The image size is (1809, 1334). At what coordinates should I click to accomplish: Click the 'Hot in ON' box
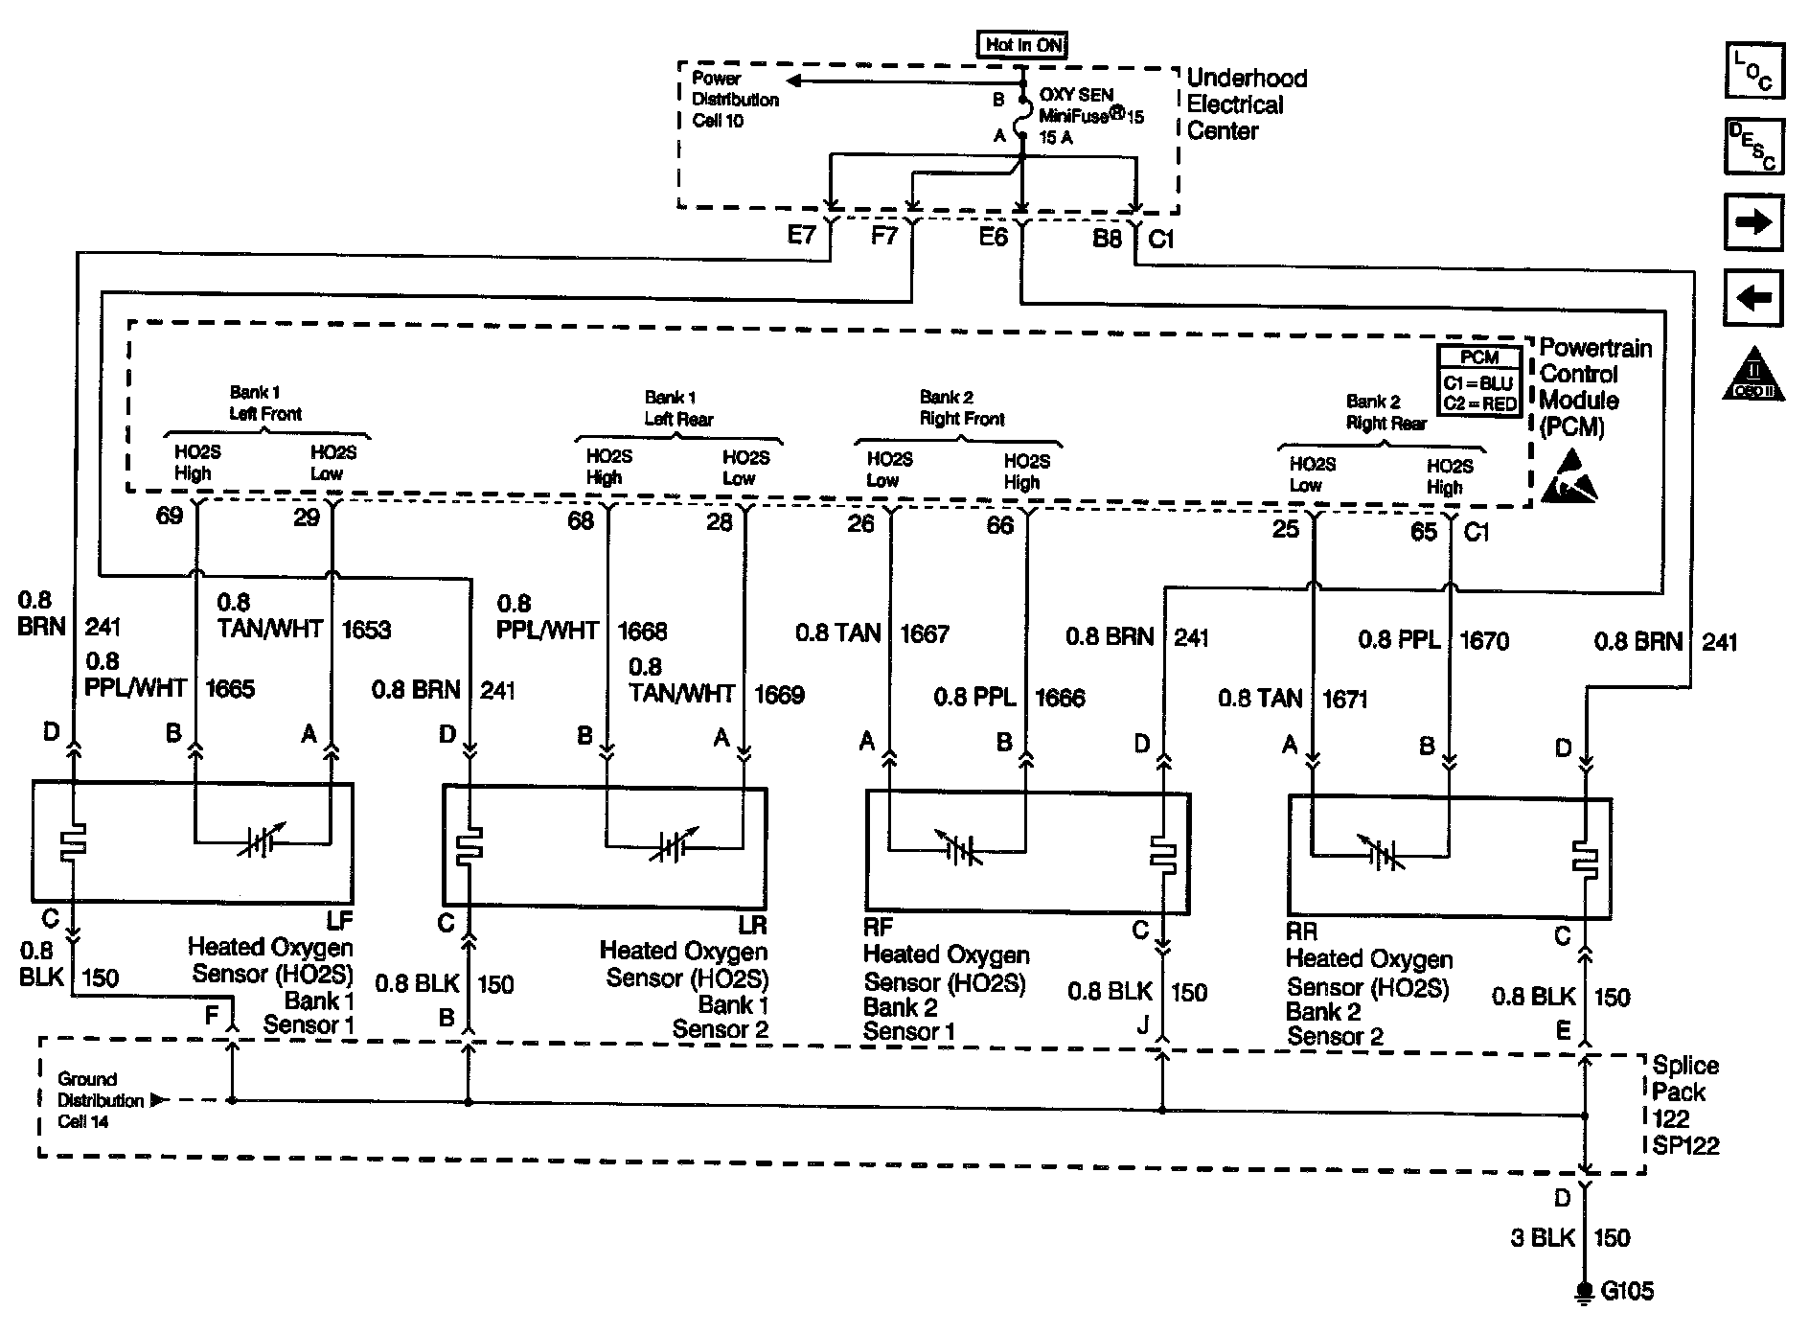pyautogui.click(x=1021, y=44)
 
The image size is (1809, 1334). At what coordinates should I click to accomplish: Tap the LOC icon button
pyautogui.click(x=1754, y=71)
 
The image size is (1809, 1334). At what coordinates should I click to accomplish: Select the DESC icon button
pyautogui.click(x=1754, y=147)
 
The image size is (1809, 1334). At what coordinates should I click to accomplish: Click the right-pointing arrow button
pyautogui.click(x=1753, y=222)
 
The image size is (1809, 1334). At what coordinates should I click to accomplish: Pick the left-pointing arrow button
pyautogui.click(x=1753, y=298)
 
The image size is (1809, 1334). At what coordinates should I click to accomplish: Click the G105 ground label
pyautogui.click(x=1627, y=1292)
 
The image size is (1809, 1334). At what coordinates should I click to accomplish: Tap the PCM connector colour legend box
pyautogui.click(x=1479, y=380)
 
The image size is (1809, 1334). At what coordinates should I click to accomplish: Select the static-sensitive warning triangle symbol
pyautogui.click(x=1570, y=476)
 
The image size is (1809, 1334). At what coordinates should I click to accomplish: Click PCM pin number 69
pyautogui.click(x=170, y=517)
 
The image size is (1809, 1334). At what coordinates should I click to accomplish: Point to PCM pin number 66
pyautogui.click(x=999, y=525)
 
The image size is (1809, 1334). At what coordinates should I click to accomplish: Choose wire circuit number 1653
pyautogui.click(x=366, y=630)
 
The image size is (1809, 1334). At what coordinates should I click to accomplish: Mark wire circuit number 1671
pyautogui.click(x=1344, y=700)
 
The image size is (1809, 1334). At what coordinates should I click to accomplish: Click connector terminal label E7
pyautogui.click(x=801, y=234)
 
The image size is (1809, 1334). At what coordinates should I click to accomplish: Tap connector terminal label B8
pyautogui.click(x=1107, y=238)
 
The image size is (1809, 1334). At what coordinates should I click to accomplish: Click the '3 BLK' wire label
pyautogui.click(x=1543, y=1237)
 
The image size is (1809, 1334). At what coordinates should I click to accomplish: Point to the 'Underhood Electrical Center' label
pyautogui.click(x=1246, y=104)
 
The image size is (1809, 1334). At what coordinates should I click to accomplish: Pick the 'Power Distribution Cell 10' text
pyautogui.click(x=735, y=100)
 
